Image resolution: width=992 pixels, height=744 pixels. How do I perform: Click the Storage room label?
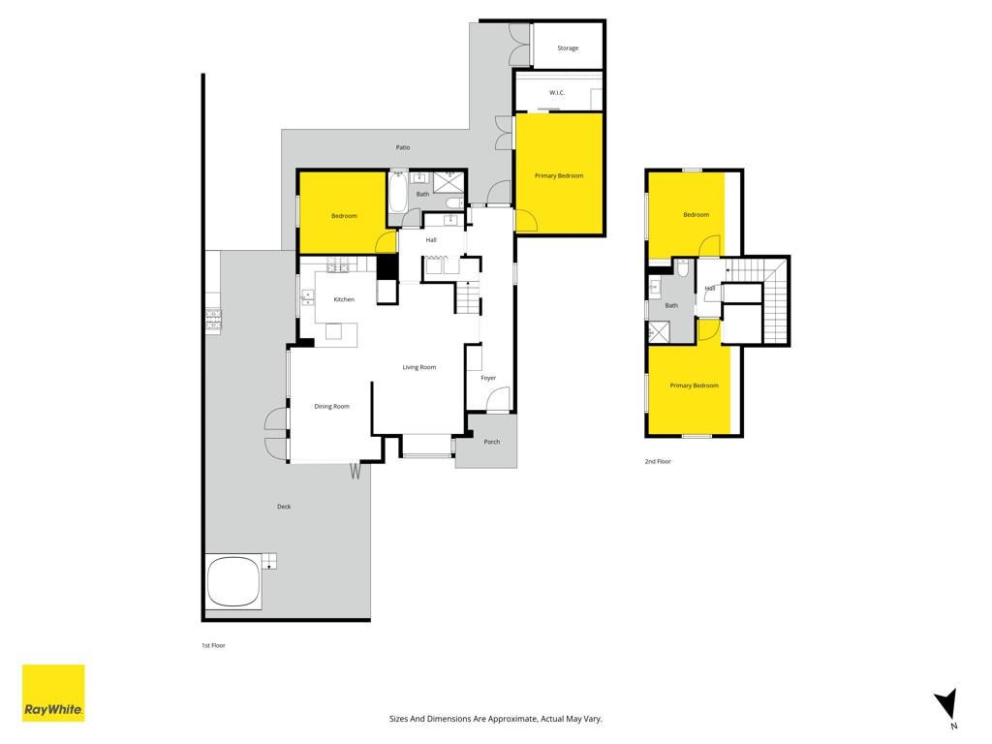[x=568, y=48]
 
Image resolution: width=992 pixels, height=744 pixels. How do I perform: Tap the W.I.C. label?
[x=557, y=93]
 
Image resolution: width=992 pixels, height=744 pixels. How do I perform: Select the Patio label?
[x=403, y=147]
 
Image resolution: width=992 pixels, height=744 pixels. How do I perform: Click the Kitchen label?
[x=344, y=299]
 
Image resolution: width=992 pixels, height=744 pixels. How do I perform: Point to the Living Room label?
[x=419, y=367]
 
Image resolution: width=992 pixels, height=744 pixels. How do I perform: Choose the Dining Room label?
[x=332, y=406]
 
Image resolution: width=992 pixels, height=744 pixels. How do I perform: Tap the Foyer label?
[x=488, y=378]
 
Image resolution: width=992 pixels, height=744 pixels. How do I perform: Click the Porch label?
[x=491, y=442]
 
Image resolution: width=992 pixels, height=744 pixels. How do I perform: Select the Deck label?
[x=284, y=506]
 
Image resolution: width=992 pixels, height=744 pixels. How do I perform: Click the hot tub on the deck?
[x=233, y=581]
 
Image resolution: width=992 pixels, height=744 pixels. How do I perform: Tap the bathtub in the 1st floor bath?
[x=398, y=193]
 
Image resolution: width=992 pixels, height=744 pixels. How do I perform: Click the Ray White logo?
[x=54, y=693]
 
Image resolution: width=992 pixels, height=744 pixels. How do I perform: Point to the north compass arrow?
[x=947, y=705]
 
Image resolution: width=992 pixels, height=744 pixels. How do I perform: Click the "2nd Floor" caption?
[x=658, y=461]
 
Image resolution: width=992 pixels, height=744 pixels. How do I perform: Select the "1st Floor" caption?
[x=213, y=645]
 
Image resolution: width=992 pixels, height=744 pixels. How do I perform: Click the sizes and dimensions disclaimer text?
[x=495, y=719]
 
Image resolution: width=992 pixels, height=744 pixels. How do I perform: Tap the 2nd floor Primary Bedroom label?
[x=694, y=386]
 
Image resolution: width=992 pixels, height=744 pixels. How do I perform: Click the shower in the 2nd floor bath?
[x=658, y=332]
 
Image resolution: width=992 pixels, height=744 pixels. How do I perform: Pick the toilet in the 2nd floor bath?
[x=682, y=268]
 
